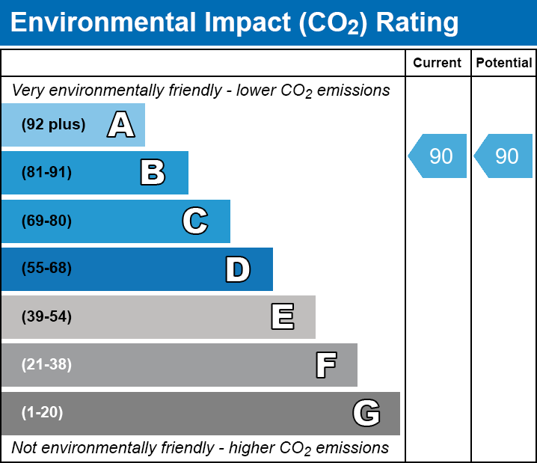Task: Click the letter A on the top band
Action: [x=121, y=125]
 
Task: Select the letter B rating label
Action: [x=153, y=173]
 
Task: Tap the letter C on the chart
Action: [x=195, y=221]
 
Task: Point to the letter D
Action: [x=238, y=269]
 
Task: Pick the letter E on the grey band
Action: [x=282, y=317]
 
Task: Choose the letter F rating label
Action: [x=325, y=365]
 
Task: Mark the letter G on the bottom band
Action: [x=366, y=413]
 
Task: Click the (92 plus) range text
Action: [x=53, y=125]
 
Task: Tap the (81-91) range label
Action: [x=46, y=173]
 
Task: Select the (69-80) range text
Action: [x=46, y=221]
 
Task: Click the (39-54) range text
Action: [x=46, y=317]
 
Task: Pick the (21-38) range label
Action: [x=46, y=365]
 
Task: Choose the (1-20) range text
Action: [x=43, y=413]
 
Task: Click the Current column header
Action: [x=438, y=64]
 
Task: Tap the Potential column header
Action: [x=504, y=64]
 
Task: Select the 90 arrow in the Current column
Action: [x=438, y=156]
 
